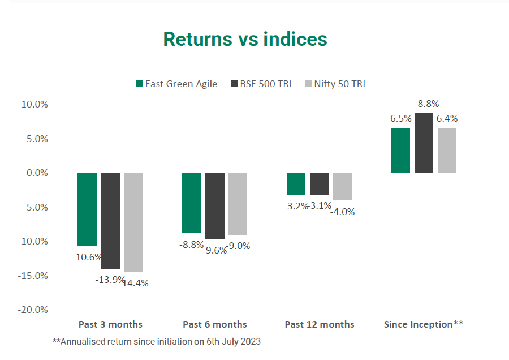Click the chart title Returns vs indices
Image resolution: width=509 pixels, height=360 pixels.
245,39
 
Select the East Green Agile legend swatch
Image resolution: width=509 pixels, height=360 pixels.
139,84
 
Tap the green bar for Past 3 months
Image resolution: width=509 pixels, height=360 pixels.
87,209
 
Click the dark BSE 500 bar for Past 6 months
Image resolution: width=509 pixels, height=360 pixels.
215,206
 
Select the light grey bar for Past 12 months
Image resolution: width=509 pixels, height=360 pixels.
342,187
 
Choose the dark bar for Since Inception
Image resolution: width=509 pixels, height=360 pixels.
424,143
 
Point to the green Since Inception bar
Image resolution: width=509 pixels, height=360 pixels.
400,151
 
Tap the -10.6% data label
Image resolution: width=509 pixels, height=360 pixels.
87,256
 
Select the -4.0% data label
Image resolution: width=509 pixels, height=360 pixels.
344,212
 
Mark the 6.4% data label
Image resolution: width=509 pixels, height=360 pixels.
447,119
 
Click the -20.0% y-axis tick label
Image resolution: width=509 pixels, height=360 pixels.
33,310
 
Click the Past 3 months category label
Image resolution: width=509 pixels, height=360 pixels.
110,324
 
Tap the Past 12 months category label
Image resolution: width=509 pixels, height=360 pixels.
320,324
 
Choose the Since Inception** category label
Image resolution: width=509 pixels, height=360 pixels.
424,324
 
